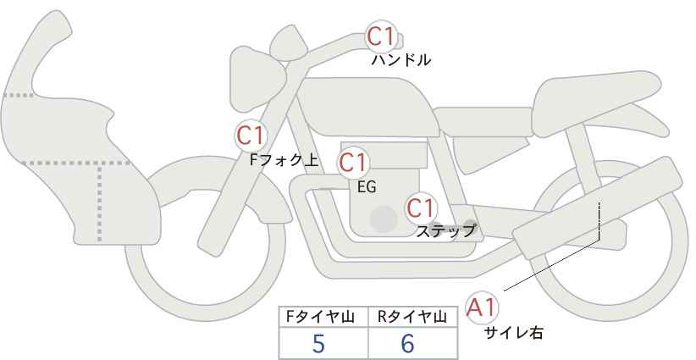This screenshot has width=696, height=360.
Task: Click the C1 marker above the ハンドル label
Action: click(x=381, y=36)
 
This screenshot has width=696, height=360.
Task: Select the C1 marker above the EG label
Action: click(x=353, y=163)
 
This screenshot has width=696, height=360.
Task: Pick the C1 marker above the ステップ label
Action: click(x=421, y=208)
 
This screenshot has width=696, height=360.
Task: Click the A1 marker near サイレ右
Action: click(x=482, y=307)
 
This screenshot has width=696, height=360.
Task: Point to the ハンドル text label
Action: click(x=400, y=60)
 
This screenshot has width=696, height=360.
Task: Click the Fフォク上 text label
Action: click(x=284, y=160)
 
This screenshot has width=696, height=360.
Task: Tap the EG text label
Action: click(x=367, y=187)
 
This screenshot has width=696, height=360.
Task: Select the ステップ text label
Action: click(x=445, y=231)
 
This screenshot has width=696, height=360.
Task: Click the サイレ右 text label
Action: click(x=514, y=333)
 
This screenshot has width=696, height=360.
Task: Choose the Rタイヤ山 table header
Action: click(x=412, y=317)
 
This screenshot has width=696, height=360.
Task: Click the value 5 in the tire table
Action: click(x=318, y=344)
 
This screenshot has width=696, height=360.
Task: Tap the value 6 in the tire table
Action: click(x=407, y=344)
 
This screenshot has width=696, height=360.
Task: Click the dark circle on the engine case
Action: click(x=384, y=219)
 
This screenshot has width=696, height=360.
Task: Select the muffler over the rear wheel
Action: click(x=597, y=208)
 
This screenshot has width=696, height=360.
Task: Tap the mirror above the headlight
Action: click(x=288, y=43)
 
